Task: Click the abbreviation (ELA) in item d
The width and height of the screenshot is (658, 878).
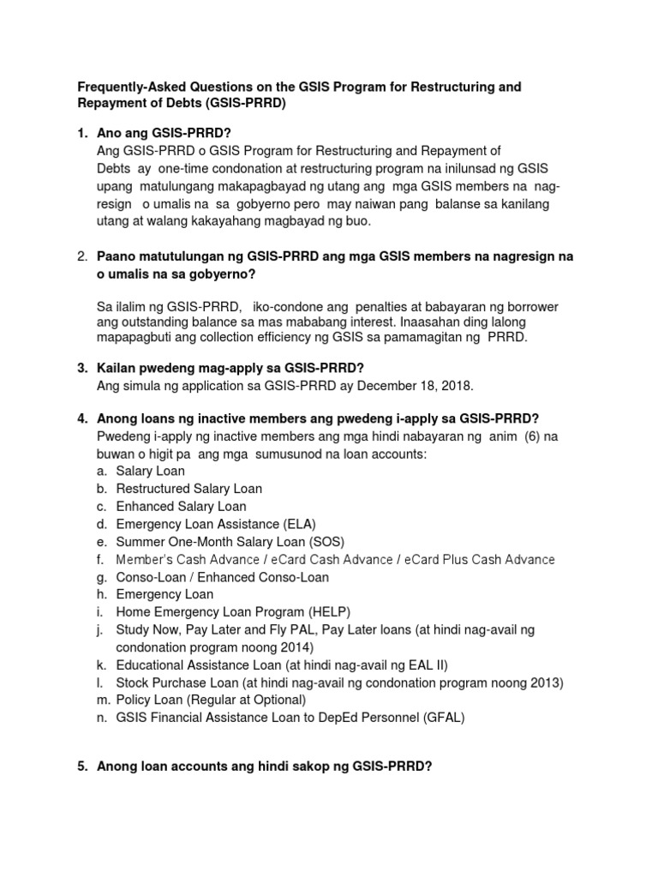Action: [303, 524]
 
